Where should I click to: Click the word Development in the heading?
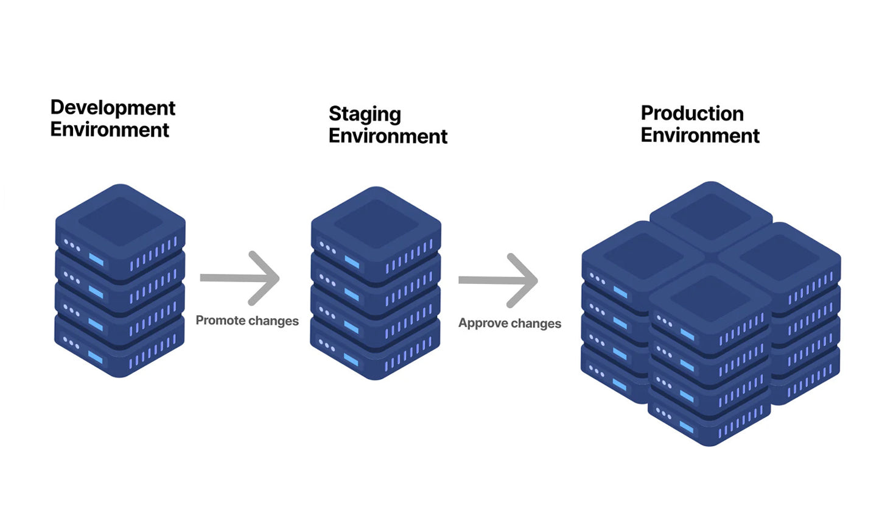113,108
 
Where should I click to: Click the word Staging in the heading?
365,114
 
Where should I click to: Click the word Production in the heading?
692,113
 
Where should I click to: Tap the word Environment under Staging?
388,136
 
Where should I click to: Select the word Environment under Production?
700,135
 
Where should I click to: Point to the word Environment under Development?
110,130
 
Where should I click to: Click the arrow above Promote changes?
240,278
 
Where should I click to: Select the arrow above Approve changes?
499,280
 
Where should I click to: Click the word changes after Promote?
273,321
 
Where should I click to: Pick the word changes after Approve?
536,323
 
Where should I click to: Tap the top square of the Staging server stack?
376,223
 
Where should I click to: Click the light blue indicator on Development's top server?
96,260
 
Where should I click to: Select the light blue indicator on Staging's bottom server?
351,360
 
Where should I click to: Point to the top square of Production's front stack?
709,299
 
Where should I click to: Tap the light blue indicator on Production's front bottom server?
686,427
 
